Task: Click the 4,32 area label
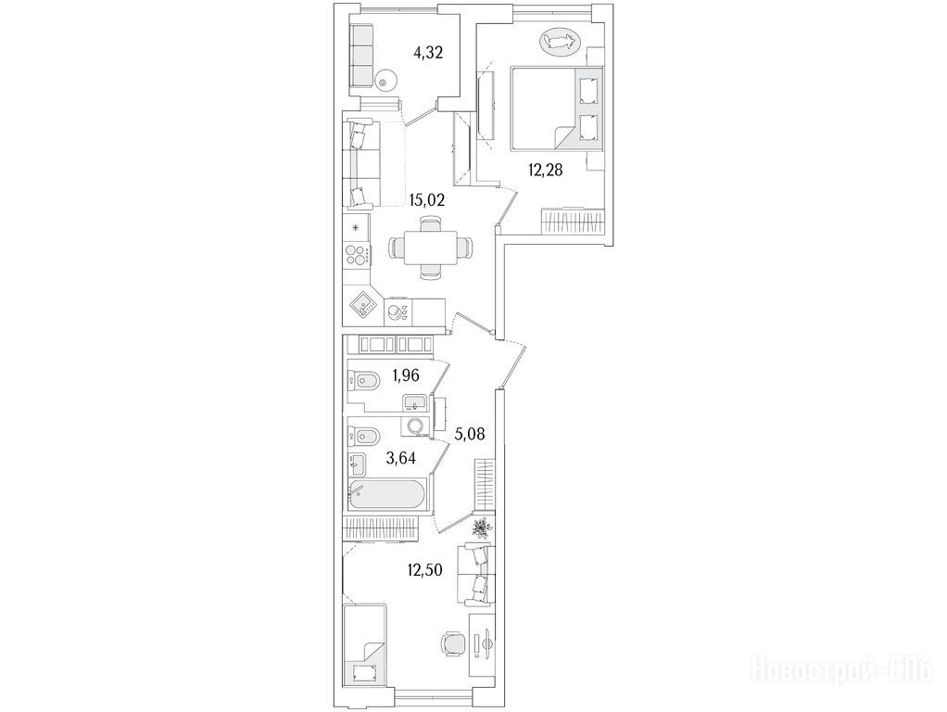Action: (428, 53)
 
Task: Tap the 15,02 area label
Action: (426, 200)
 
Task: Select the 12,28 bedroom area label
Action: (546, 171)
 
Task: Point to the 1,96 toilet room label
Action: (405, 375)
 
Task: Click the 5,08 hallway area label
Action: (469, 434)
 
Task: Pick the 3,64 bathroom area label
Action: (401, 458)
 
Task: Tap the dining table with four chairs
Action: (429, 248)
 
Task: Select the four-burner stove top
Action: (357, 254)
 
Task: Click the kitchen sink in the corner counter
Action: (364, 305)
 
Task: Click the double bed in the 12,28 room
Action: (557, 108)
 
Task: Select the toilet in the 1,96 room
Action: (363, 380)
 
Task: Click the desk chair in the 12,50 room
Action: (453, 642)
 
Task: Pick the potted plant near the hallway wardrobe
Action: (481, 528)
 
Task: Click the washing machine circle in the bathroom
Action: (415, 426)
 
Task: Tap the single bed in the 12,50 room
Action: (365, 645)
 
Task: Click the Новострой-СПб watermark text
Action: (841, 671)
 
